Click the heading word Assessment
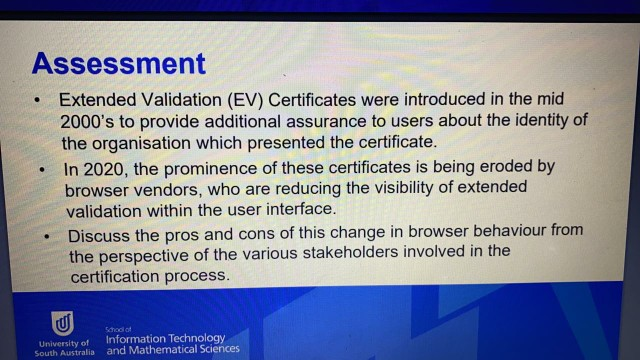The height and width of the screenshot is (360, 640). (x=118, y=64)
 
